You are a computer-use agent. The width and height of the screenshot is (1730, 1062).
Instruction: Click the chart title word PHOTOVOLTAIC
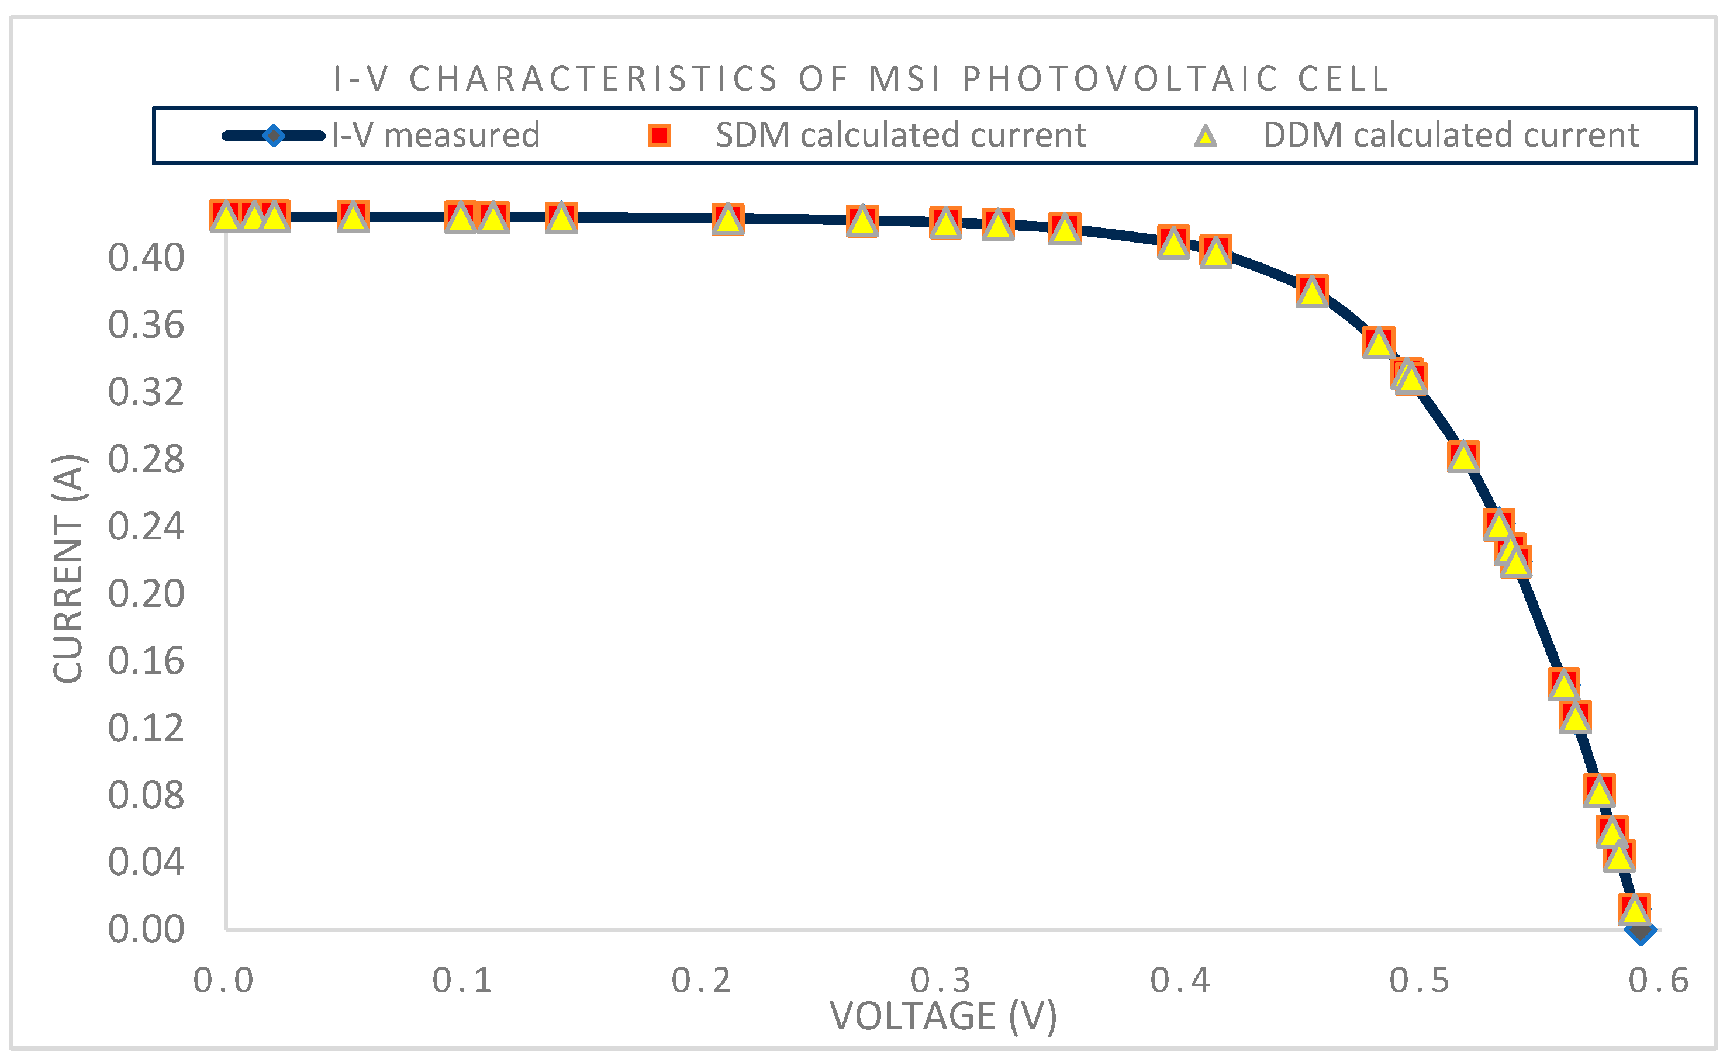[1120, 79]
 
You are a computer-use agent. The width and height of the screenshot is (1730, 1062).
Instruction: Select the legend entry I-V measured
[436, 135]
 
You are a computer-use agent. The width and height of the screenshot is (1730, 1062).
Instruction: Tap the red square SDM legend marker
[659, 136]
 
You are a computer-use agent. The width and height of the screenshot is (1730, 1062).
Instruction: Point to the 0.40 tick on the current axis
[146, 258]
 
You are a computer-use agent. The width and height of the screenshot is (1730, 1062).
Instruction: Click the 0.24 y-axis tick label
[146, 526]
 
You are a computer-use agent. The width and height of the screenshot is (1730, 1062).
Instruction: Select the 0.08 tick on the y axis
[146, 794]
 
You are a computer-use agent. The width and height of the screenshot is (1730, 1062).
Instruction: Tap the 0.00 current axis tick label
[146, 929]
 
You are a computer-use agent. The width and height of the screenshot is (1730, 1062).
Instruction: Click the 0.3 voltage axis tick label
[941, 981]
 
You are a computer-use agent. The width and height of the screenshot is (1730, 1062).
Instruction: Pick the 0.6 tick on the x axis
[1658, 981]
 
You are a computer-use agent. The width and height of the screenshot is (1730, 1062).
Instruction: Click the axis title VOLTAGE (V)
[943, 1016]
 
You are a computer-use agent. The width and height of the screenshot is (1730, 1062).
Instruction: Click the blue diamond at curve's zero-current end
[1640, 930]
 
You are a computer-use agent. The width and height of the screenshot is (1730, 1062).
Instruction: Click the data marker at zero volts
[226, 216]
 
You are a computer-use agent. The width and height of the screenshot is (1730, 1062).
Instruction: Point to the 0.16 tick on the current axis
[146, 660]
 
